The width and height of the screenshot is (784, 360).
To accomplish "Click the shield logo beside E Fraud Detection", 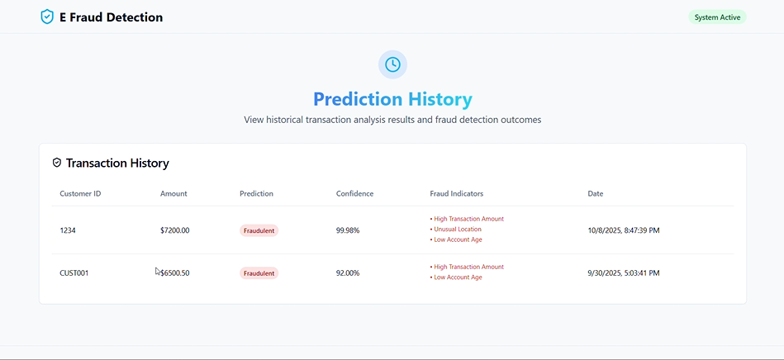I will (x=47, y=17).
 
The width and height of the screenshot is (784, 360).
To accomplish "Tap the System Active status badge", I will (x=717, y=17).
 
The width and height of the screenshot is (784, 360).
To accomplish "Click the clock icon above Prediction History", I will (x=392, y=64).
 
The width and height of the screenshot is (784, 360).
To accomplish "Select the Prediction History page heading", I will (x=392, y=99).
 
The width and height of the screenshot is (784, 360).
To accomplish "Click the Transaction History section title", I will (x=117, y=163).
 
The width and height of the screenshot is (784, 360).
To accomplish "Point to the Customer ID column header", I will (x=80, y=193).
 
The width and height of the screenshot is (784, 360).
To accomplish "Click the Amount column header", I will (x=173, y=193).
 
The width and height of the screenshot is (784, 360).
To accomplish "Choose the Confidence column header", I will (x=354, y=193).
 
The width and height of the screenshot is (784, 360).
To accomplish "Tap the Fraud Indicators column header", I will (x=456, y=193).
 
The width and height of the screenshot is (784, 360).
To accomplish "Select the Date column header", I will (x=595, y=193).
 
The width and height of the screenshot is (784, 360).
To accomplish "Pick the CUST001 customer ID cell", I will (x=74, y=272).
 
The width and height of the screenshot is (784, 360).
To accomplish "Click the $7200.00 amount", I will (x=175, y=230).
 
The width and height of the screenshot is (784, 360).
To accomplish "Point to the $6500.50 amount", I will (x=175, y=272).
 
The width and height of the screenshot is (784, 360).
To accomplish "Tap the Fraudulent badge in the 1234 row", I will (x=259, y=230).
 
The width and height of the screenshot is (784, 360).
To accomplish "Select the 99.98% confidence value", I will (x=348, y=230).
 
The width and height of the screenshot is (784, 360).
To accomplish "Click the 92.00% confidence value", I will (x=348, y=272).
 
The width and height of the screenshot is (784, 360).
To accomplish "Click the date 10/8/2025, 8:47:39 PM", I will (x=624, y=230).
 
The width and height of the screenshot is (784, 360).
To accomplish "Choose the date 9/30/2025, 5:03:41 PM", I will (x=624, y=272).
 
